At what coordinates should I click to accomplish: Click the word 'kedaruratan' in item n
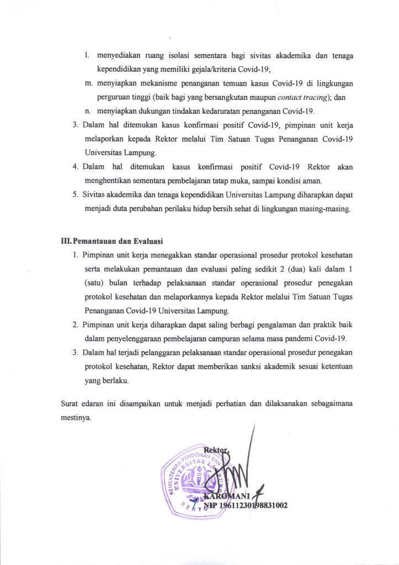(x=212, y=113)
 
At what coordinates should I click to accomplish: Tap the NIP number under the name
(x=246, y=505)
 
